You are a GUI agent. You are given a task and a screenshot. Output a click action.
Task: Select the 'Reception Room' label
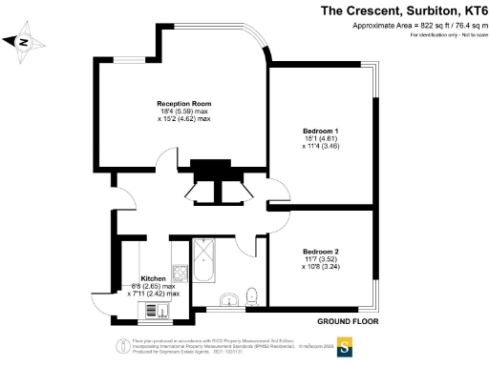pyautogui.click(x=184, y=102)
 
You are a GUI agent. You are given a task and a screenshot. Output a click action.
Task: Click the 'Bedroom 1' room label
pyautogui.click(x=321, y=130)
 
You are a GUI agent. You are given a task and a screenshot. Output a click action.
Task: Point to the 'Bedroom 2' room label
pyautogui.click(x=321, y=250)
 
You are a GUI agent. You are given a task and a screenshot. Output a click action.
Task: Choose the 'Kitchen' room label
pyautogui.click(x=153, y=277)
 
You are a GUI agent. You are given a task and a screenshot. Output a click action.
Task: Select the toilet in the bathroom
pyautogui.click(x=251, y=294)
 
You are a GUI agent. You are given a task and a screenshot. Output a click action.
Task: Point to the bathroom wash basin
pyautogui.click(x=227, y=302)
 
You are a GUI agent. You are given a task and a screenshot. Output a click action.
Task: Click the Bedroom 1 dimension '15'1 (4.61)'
pyautogui.click(x=321, y=138)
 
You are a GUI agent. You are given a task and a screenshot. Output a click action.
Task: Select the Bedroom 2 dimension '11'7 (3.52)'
pyautogui.click(x=321, y=258)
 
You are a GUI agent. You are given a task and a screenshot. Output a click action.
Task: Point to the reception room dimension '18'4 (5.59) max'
pyautogui.click(x=184, y=111)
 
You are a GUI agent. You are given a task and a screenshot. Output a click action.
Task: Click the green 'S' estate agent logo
pyautogui.click(x=343, y=347)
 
